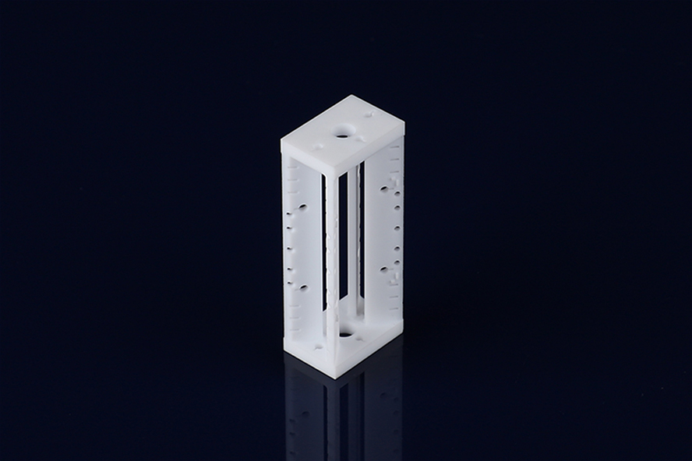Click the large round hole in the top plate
click(343, 133)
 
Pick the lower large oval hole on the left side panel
click(302, 287)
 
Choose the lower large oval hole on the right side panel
click(383, 270)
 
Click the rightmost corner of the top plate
click(405, 122)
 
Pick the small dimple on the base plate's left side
click(317, 347)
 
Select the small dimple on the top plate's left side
click(317, 145)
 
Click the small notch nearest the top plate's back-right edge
click(369, 114)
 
